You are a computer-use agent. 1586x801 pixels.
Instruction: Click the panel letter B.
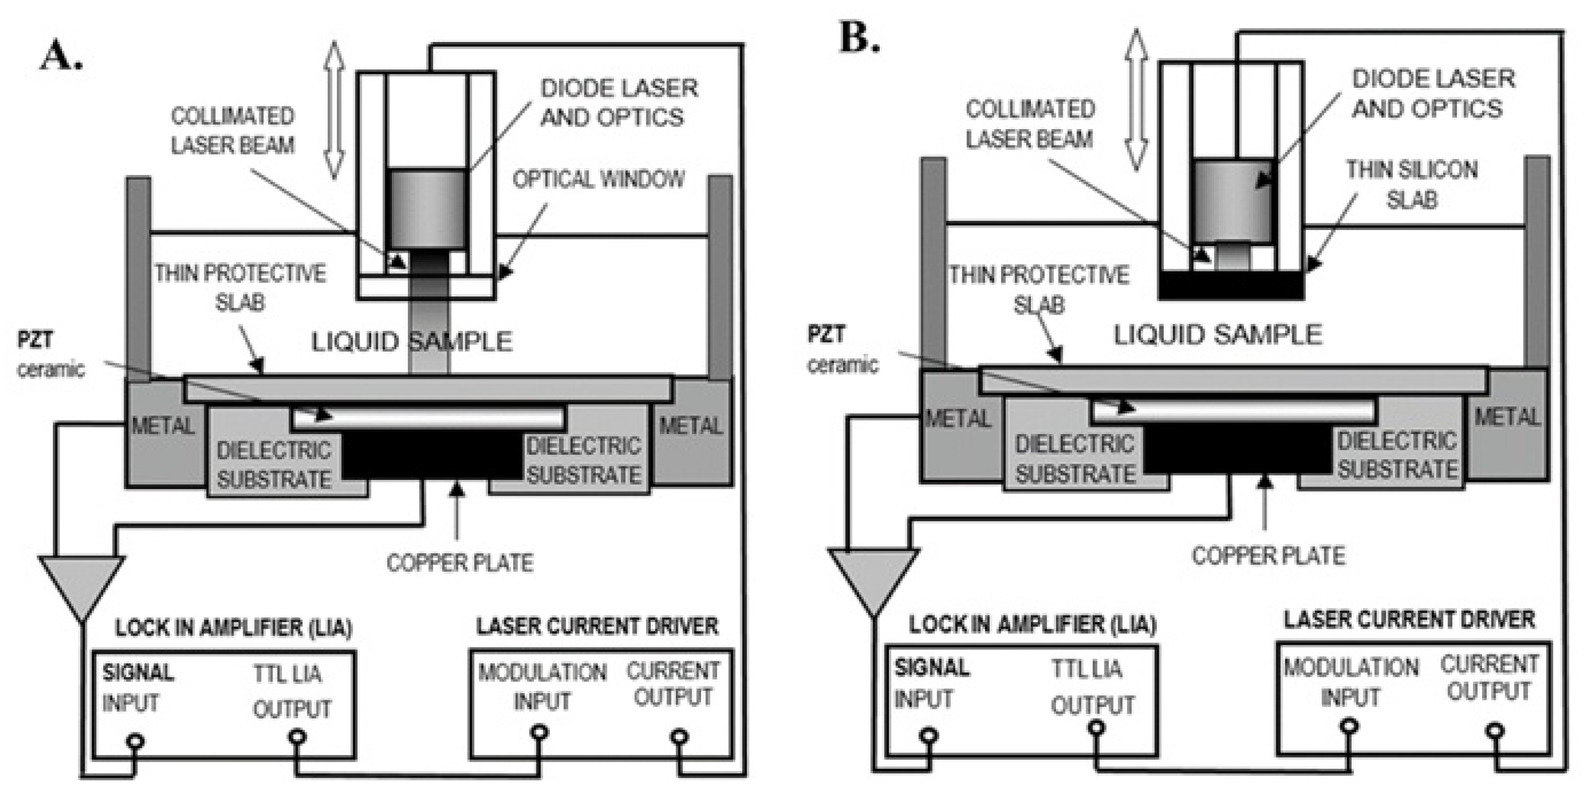859,38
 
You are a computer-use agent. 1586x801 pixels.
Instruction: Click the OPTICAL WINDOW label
598,180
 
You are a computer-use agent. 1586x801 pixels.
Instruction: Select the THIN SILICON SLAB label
1412,185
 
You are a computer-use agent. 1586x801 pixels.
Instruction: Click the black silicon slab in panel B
1231,285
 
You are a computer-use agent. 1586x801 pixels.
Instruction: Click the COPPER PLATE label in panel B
1268,556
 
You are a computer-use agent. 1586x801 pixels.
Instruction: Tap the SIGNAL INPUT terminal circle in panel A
134,741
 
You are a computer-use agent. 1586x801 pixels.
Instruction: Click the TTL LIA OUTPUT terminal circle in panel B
1095,729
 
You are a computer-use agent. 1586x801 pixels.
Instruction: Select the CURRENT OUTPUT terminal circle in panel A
679,736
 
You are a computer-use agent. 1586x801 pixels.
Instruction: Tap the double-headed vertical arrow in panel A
334,110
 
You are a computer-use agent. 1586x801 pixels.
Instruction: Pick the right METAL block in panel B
1507,423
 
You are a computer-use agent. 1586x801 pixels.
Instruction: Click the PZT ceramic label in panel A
48,354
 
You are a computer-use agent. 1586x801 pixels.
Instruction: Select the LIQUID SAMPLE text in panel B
1217,335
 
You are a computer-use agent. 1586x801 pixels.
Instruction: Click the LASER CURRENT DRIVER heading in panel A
597,626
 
